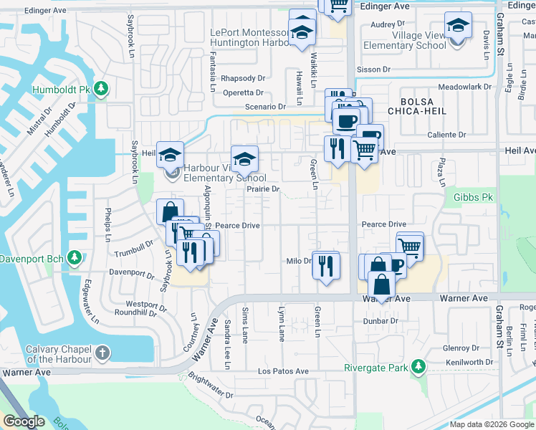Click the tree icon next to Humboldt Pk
[102, 88]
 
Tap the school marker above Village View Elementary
[457, 27]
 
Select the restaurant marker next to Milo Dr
[326, 266]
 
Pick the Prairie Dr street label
[262, 189]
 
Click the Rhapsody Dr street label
[243, 78]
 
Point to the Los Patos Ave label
[283, 371]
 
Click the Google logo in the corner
[24, 421]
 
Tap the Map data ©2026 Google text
[491, 424]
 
